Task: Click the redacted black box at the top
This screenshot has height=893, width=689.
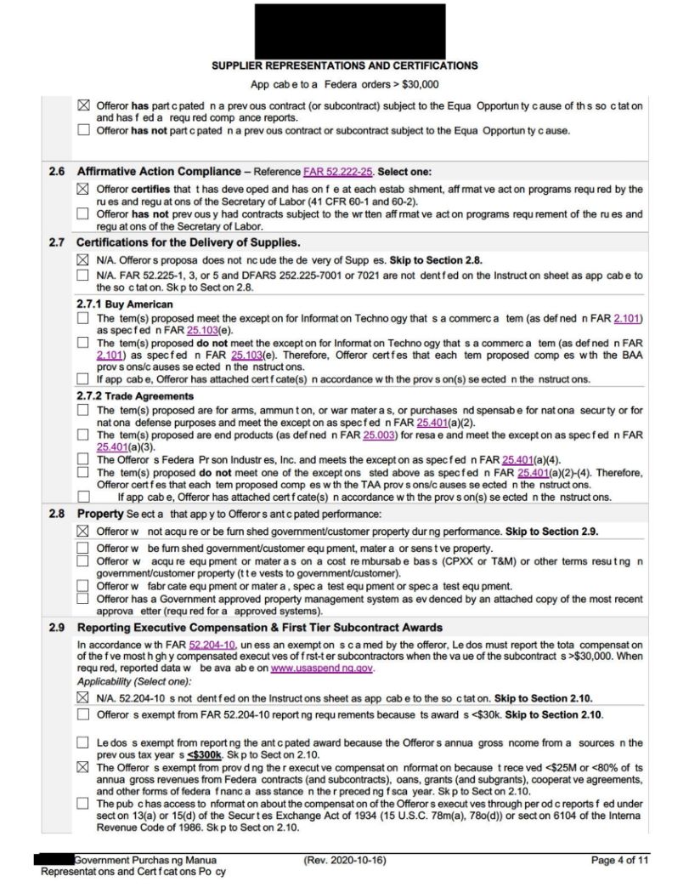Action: click(349, 31)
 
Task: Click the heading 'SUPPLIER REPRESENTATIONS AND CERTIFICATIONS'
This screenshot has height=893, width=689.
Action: click(349, 66)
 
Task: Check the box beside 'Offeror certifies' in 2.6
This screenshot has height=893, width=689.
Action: click(83, 188)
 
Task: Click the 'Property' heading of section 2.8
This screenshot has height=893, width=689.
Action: click(100, 515)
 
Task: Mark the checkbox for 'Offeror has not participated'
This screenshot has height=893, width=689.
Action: click(83, 130)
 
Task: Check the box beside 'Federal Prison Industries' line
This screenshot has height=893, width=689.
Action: click(83, 460)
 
